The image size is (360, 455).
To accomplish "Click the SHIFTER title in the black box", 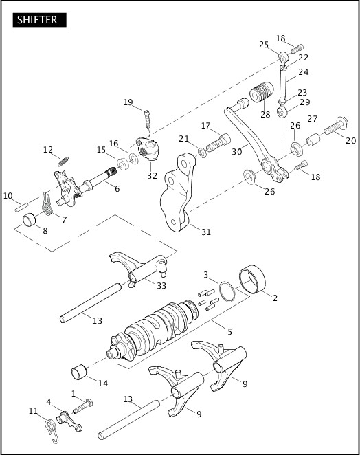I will [38, 20].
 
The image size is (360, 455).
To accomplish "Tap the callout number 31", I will [205, 232].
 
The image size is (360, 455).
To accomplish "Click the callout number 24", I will [304, 72].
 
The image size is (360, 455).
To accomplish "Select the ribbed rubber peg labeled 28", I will [261, 93].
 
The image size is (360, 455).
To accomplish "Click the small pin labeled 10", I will [21, 204].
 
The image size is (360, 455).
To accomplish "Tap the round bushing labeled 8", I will [30, 221].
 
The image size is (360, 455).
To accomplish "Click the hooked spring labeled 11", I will [49, 429].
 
